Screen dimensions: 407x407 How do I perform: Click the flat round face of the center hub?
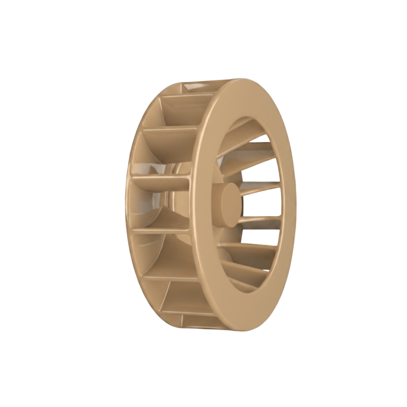click(x=231, y=205)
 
